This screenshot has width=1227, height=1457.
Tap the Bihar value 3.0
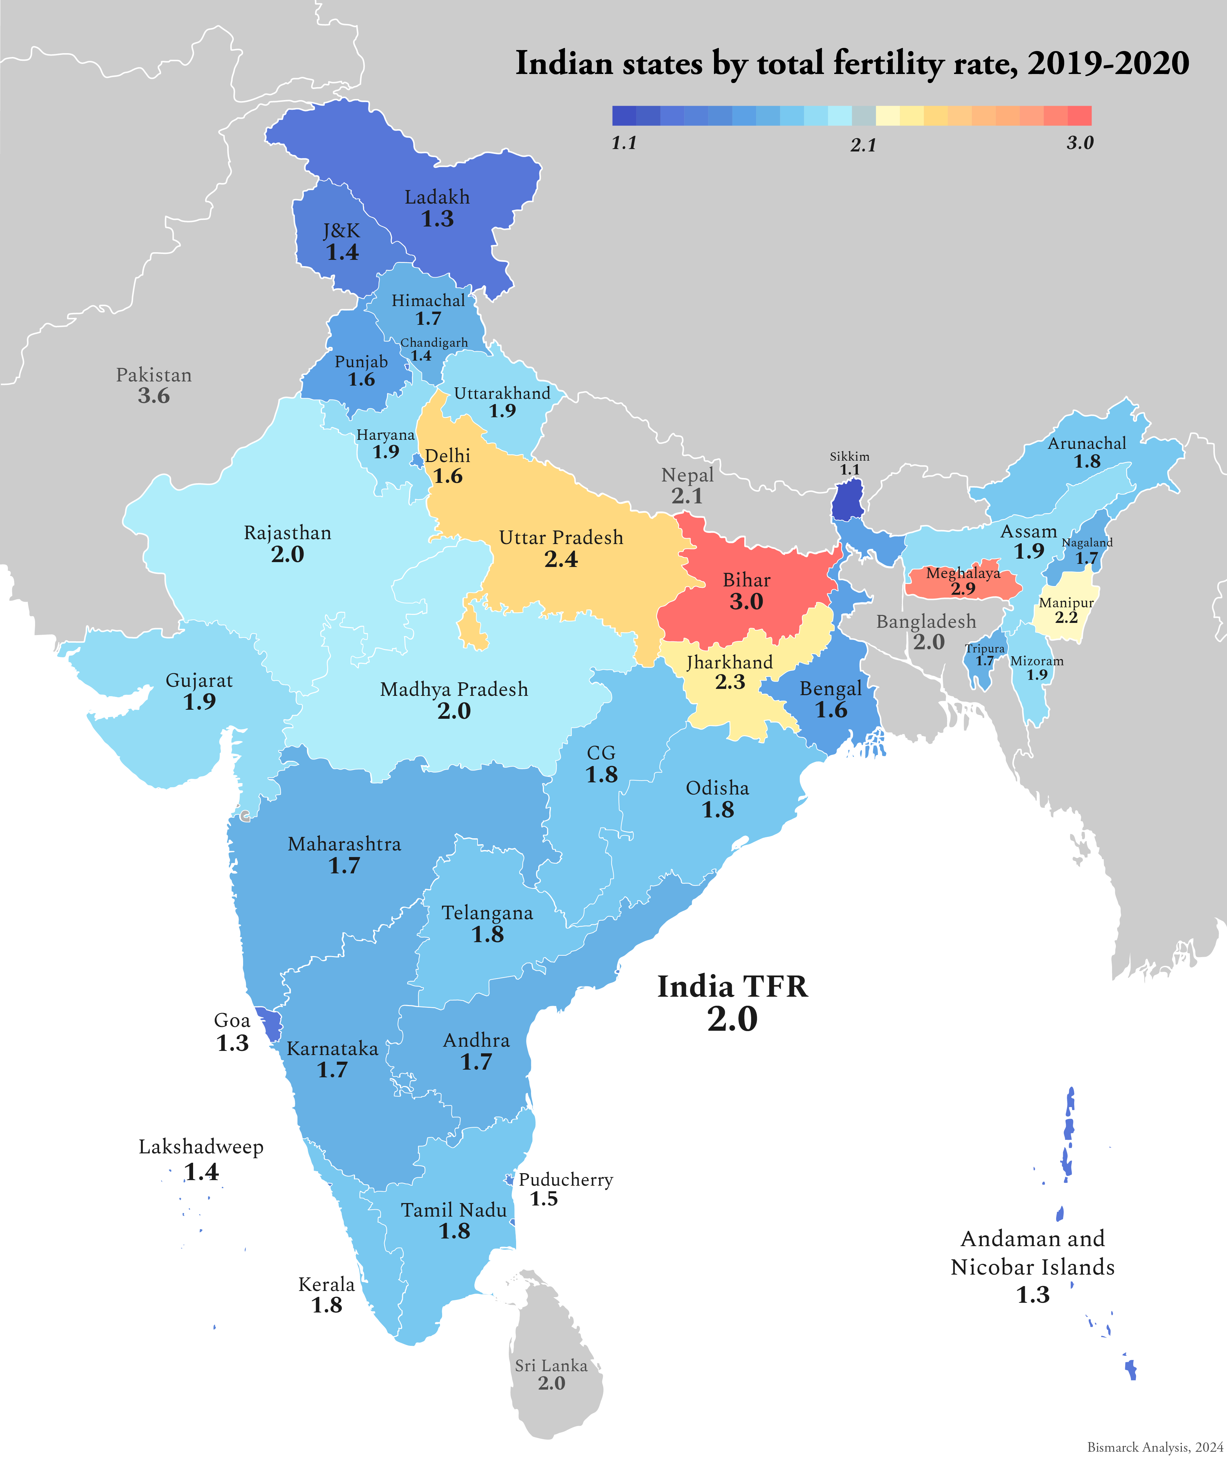tap(746, 602)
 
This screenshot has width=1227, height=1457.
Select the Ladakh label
tap(437, 198)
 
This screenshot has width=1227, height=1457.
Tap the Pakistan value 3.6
tap(154, 396)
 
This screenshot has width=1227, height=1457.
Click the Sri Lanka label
tap(551, 1366)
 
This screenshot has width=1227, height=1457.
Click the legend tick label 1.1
tap(624, 143)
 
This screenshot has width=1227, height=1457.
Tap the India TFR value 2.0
tap(732, 1019)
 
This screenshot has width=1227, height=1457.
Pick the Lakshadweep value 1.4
tap(202, 1172)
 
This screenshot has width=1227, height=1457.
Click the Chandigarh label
tap(434, 343)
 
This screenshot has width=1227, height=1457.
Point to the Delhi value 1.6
tap(448, 477)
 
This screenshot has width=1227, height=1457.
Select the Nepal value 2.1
tap(687, 496)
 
